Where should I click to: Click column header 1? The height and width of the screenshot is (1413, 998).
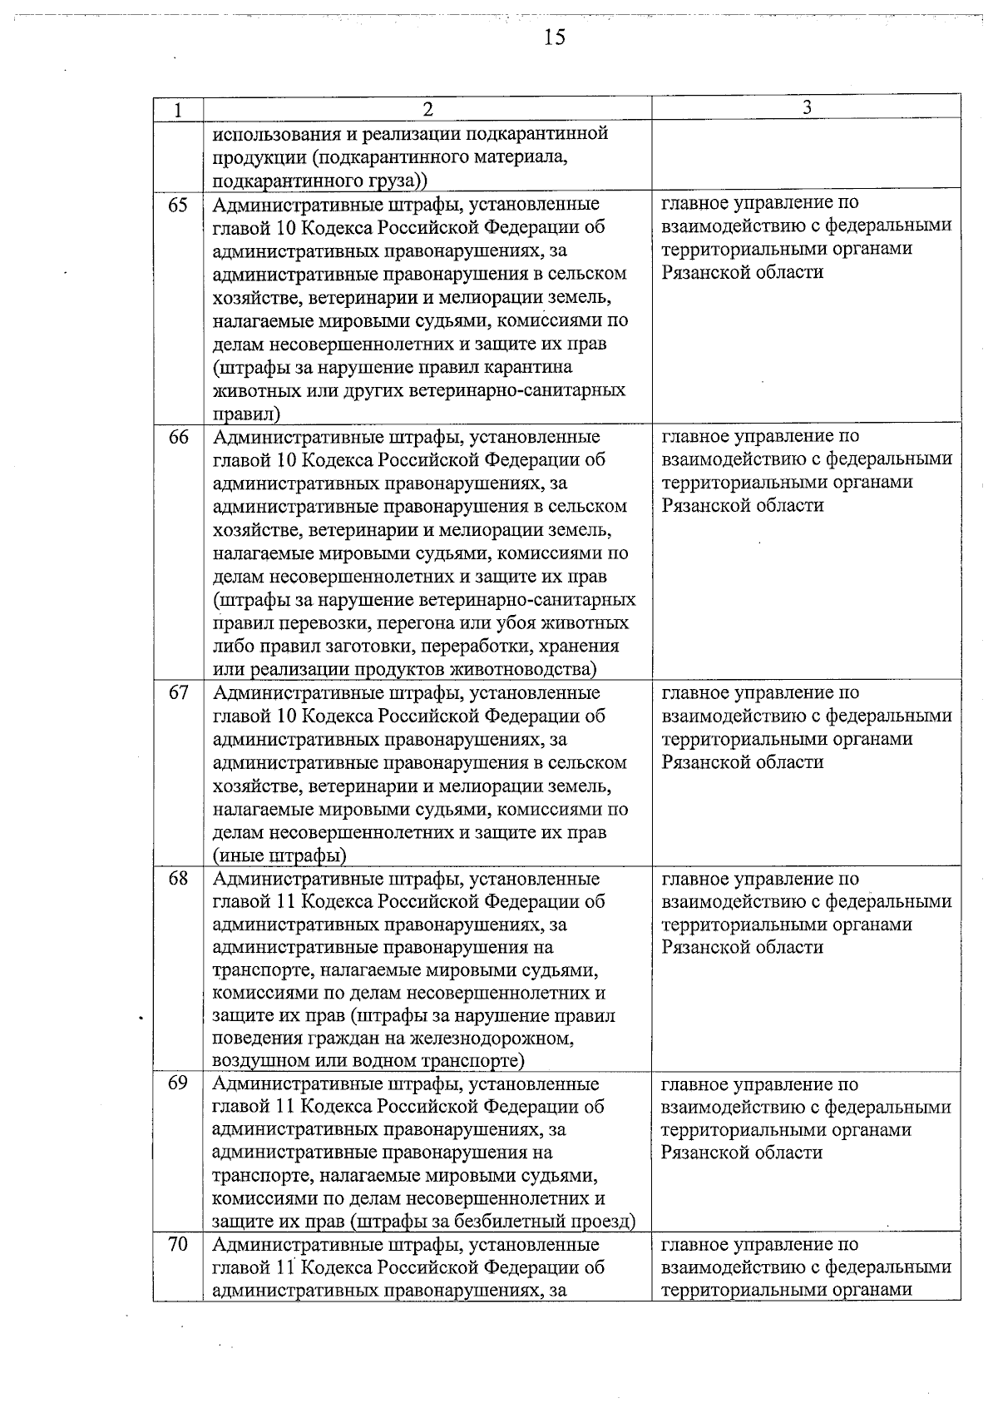click(178, 110)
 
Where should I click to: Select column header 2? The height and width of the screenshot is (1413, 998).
click(427, 109)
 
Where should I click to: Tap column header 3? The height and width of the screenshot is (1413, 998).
click(806, 107)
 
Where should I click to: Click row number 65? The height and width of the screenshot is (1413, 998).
click(178, 205)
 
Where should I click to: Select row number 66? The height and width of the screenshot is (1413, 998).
click(178, 437)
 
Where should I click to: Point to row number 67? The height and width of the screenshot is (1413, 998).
click(178, 693)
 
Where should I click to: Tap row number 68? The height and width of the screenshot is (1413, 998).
click(178, 879)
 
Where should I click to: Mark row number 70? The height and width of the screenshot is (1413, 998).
click(178, 1245)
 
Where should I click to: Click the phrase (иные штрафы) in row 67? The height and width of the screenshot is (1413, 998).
click(279, 855)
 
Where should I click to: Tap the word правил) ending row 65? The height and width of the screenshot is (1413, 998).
click(246, 414)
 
